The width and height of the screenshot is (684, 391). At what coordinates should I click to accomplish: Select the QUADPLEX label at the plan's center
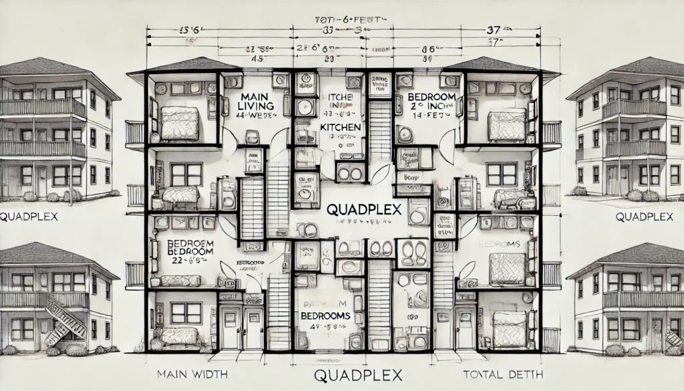point(363,209)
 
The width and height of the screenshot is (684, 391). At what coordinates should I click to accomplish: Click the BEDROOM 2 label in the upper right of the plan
point(426,102)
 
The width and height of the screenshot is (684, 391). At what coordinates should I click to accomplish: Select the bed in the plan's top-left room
point(180,123)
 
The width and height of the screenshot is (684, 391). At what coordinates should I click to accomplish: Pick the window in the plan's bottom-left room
point(186,312)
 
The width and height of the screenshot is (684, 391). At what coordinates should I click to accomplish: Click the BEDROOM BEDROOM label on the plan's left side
point(184,246)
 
